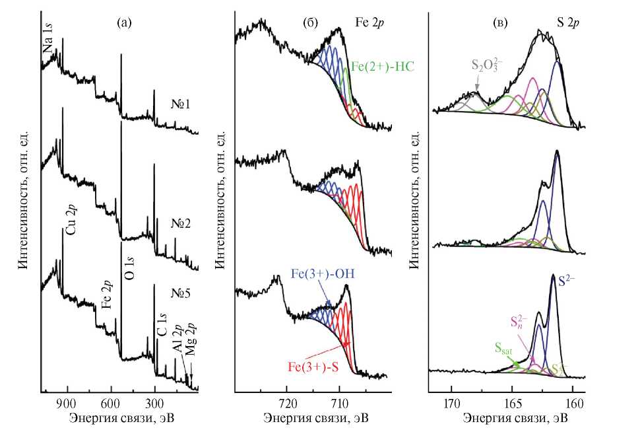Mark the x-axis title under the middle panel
(315, 419)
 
